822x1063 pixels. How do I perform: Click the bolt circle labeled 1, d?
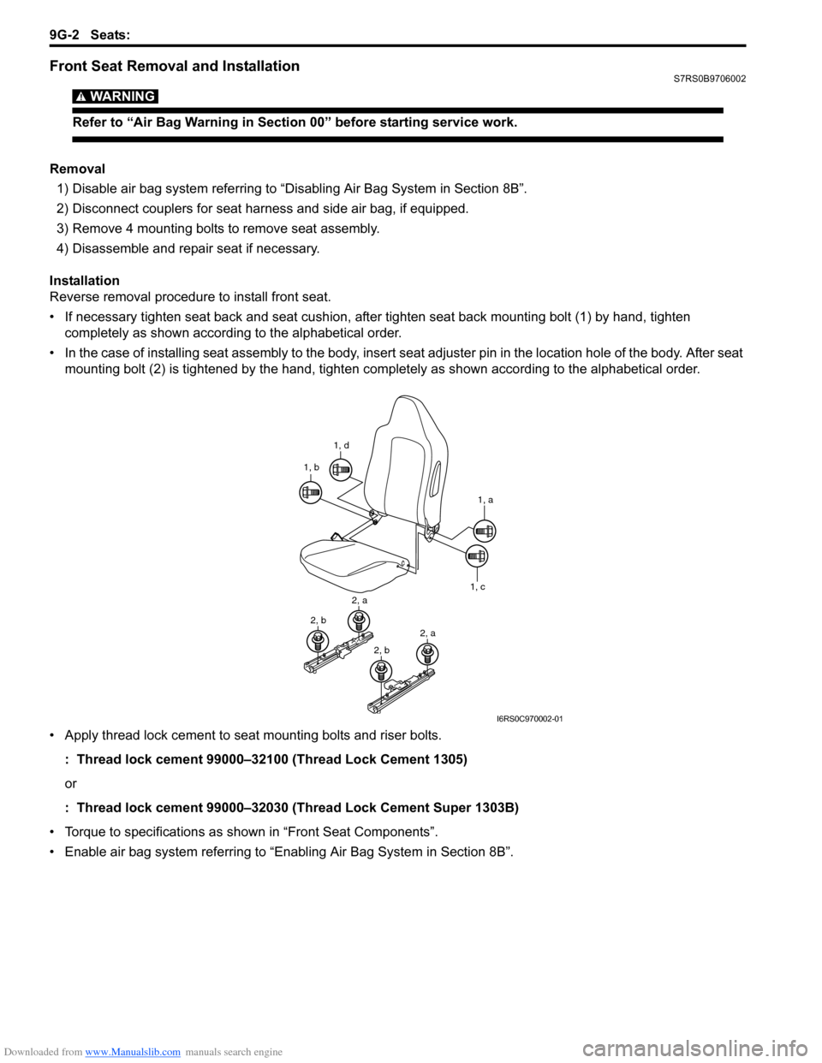341,469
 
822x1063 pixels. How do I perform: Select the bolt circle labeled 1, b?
310,492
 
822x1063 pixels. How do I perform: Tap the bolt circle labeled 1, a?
484,531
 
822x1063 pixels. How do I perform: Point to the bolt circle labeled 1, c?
477,556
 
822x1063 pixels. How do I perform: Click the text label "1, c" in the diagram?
477,587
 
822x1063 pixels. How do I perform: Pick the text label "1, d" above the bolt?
342,445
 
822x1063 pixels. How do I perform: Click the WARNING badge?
116,96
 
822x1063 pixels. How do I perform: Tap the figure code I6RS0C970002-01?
530,719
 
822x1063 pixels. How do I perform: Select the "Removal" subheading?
77,169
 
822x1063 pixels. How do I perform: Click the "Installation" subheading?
85,281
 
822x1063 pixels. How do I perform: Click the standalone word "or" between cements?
70,783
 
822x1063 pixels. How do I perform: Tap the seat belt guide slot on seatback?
437,475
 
